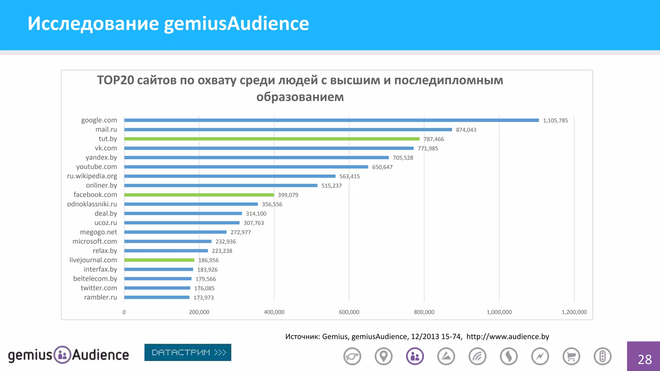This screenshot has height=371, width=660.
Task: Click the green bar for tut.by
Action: point(272,139)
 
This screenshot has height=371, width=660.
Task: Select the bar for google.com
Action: point(331,120)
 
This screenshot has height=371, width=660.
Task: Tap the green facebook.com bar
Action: point(199,195)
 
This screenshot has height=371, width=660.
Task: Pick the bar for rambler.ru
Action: point(157,297)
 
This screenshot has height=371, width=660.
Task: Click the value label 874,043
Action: point(466,130)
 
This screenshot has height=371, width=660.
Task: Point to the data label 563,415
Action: point(349,176)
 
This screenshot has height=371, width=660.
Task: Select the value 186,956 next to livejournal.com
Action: point(208,260)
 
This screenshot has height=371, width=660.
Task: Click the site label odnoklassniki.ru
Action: point(92,204)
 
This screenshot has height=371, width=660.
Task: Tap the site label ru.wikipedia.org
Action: point(92,176)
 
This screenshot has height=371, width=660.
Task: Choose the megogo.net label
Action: point(98,232)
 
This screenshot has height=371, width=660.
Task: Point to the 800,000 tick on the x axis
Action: point(424,312)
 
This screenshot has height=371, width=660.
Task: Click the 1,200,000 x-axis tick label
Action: point(574,312)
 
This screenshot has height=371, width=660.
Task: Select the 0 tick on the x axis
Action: point(124,312)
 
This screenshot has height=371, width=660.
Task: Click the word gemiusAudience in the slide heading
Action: point(236,24)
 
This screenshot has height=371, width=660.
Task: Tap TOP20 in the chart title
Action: point(115,80)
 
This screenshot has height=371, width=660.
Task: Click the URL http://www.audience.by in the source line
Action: point(508,337)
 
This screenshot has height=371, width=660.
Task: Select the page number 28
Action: point(645,359)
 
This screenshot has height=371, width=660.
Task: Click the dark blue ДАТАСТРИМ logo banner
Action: point(188,352)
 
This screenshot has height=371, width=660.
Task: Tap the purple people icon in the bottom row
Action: point(415,356)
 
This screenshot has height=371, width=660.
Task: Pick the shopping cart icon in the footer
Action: point(571,356)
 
